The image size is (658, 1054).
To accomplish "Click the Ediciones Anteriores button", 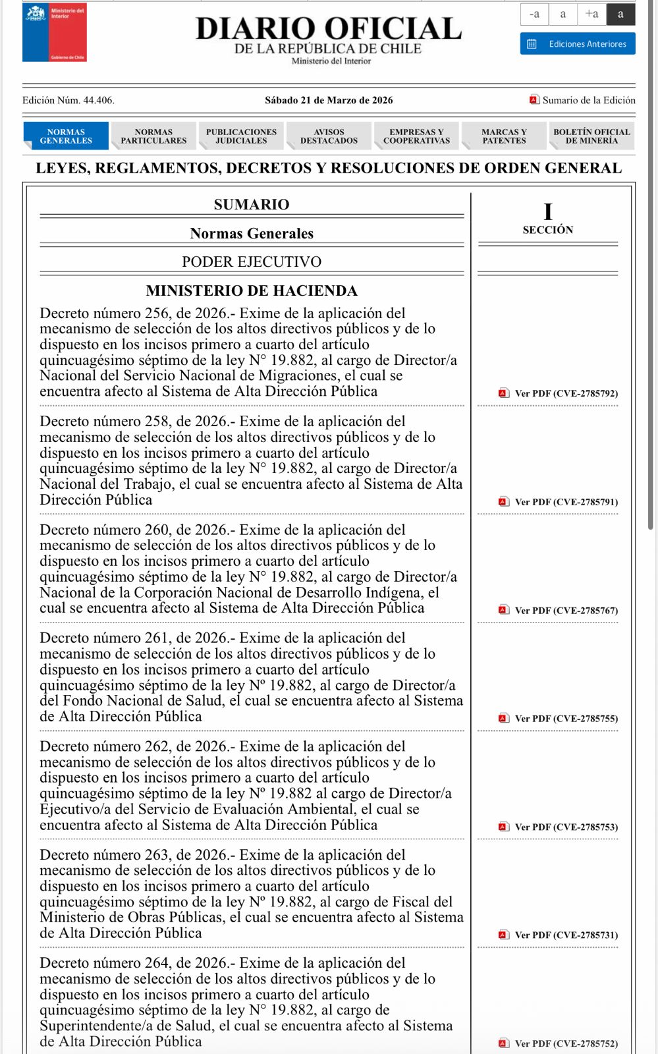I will point(578,44).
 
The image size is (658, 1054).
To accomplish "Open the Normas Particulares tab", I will point(153,136).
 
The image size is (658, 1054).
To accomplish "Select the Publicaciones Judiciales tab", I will point(241,136).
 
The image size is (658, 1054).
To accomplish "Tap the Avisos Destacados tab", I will point(329,136).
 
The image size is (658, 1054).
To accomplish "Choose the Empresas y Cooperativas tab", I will point(416,136).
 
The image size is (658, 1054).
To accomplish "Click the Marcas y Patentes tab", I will point(504,136).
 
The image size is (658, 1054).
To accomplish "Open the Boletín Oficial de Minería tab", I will point(591,136).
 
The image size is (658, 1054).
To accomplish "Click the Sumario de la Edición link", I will point(588,100).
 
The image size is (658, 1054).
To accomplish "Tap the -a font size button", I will point(534,14).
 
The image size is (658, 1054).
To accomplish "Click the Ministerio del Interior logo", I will point(55,32).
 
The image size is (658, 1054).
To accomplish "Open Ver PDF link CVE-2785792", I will point(566,393).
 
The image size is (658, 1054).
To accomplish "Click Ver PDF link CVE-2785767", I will point(566,611).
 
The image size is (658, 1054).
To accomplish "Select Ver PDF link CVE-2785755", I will point(566,719).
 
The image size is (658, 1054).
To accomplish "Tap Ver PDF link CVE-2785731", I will point(566,935).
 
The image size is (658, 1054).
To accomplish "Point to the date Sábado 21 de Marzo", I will point(329,100).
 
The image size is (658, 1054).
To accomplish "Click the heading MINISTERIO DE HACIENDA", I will point(252,291).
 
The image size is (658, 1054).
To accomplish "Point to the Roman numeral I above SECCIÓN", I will point(548,212).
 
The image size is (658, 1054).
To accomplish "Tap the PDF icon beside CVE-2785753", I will point(504,827).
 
